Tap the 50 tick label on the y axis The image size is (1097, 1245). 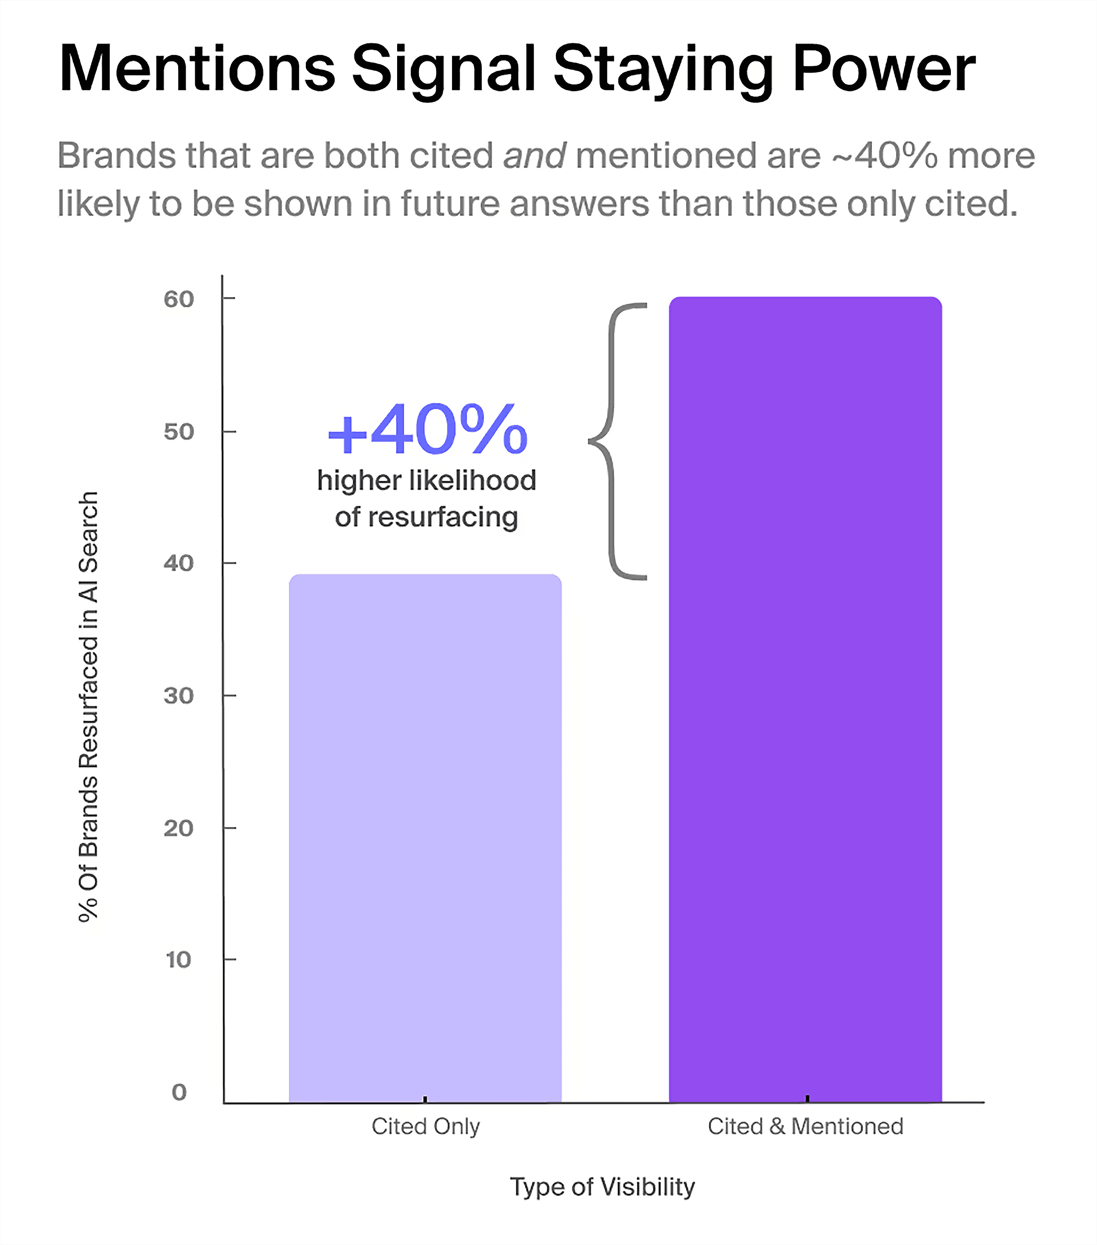178,432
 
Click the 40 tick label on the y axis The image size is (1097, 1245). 178,563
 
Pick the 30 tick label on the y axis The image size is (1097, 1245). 178,695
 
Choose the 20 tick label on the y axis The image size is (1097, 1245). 178,828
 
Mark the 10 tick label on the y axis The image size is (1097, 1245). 178,960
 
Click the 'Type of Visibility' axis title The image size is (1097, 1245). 602,1187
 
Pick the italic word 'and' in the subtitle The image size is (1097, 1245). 534,156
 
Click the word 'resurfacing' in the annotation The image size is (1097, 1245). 443,518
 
